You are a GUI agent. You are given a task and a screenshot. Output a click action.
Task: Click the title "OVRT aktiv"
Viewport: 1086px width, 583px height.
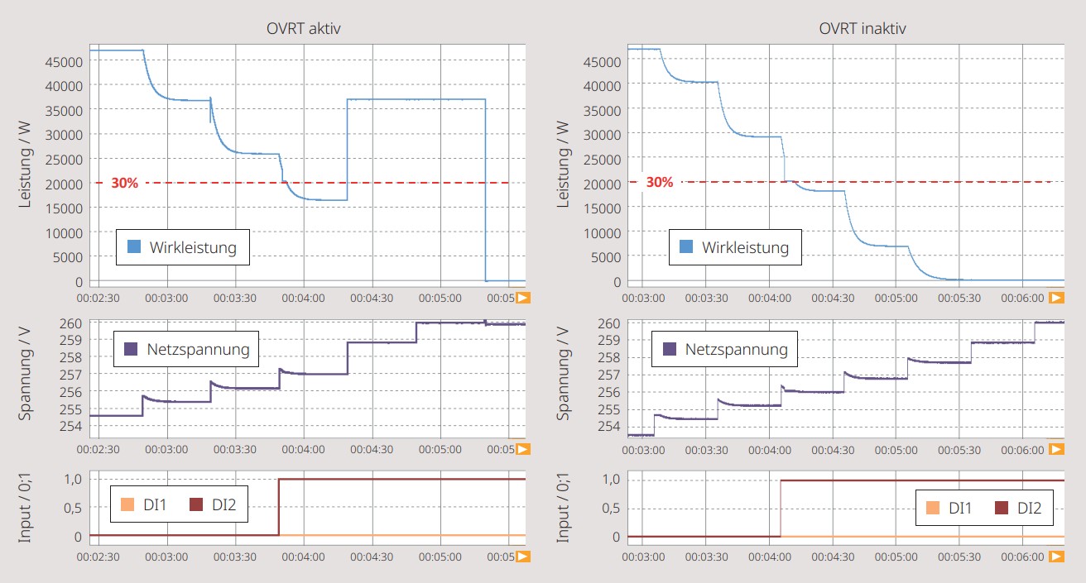[x=304, y=29]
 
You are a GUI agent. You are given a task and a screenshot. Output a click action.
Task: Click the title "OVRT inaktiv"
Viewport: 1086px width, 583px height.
[x=863, y=29]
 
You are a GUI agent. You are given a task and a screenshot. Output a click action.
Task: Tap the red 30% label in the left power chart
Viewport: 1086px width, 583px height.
[x=125, y=183]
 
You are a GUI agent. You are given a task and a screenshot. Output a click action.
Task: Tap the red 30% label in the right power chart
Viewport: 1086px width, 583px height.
[x=660, y=182]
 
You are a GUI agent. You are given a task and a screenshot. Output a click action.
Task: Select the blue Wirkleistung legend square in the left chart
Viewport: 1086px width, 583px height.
[x=134, y=246]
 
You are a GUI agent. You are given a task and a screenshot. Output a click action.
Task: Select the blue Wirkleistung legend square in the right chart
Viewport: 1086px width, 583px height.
[x=686, y=246]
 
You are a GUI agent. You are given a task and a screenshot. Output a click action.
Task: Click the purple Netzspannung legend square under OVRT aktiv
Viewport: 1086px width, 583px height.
[x=131, y=349]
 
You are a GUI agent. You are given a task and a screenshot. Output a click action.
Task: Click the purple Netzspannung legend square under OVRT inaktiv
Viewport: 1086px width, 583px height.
[x=670, y=349]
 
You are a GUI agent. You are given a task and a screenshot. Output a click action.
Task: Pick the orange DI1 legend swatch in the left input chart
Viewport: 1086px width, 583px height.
[x=127, y=504]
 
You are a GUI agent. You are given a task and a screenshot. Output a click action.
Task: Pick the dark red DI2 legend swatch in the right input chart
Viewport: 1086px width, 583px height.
[x=1002, y=508]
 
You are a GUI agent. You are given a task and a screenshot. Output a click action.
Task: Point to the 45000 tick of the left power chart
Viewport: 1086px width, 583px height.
[x=64, y=62]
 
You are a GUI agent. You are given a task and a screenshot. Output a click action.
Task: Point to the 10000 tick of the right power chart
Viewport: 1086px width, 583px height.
[x=602, y=233]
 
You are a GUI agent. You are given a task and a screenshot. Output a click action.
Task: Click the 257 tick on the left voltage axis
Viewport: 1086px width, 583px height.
[x=71, y=375]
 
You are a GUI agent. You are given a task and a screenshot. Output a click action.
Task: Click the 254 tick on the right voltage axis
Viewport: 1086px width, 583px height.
[x=609, y=426]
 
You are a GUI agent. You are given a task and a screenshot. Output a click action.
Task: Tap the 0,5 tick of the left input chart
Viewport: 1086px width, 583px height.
[x=73, y=508]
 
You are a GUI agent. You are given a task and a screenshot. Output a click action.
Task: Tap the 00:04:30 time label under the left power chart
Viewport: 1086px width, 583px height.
[x=372, y=298]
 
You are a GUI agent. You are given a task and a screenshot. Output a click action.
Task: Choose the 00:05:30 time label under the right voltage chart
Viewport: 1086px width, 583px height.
[x=959, y=450]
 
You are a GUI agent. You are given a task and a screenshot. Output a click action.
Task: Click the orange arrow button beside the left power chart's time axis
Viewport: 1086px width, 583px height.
[x=523, y=298]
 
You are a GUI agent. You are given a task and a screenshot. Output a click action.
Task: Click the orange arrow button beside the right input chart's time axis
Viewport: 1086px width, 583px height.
[x=1056, y=557]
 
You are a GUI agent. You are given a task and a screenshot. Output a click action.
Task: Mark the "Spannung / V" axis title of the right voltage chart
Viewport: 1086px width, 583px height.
[x=562, y=373]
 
